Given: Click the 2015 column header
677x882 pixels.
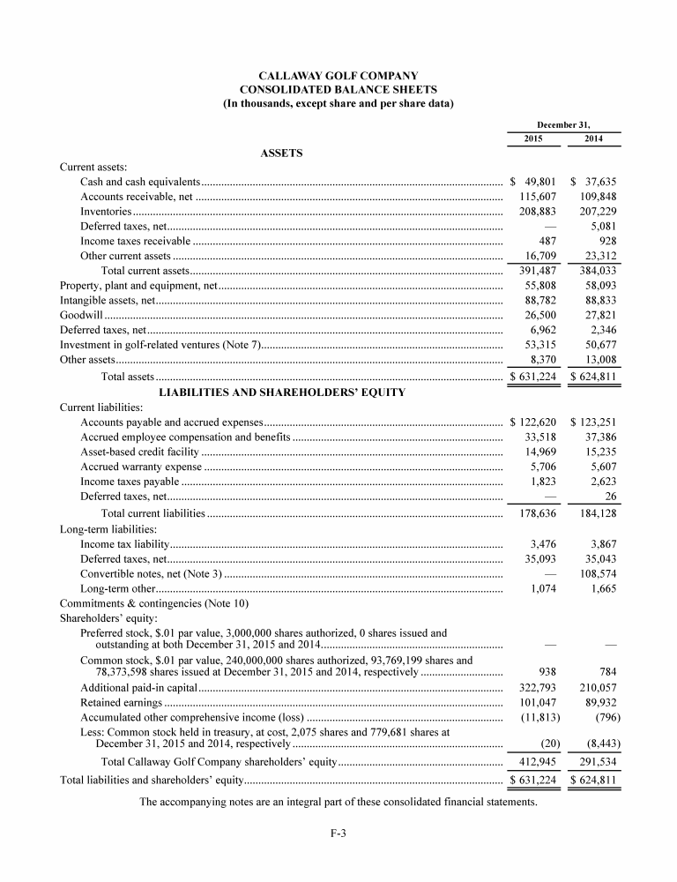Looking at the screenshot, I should pos(533,138).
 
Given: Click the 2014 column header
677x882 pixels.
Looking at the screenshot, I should pos(594,138).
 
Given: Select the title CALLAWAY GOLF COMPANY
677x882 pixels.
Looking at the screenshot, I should pos(338,76).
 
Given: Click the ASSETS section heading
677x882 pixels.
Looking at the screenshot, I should pos(282,153).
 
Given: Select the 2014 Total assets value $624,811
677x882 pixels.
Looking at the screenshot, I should pos(594,377).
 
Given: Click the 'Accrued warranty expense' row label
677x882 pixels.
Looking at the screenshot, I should pos(141,467).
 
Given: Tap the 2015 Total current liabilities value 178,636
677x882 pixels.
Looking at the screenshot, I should pos(534,512).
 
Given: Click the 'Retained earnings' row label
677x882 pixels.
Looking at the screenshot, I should pos(121,703).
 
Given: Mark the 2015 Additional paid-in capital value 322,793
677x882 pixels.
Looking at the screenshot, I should pos(534,688).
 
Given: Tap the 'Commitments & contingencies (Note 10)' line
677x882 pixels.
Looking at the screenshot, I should pos(154,603).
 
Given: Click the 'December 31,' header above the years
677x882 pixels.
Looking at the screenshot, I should pos(564,125).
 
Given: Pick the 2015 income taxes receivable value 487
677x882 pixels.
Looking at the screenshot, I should pos(545,241).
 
